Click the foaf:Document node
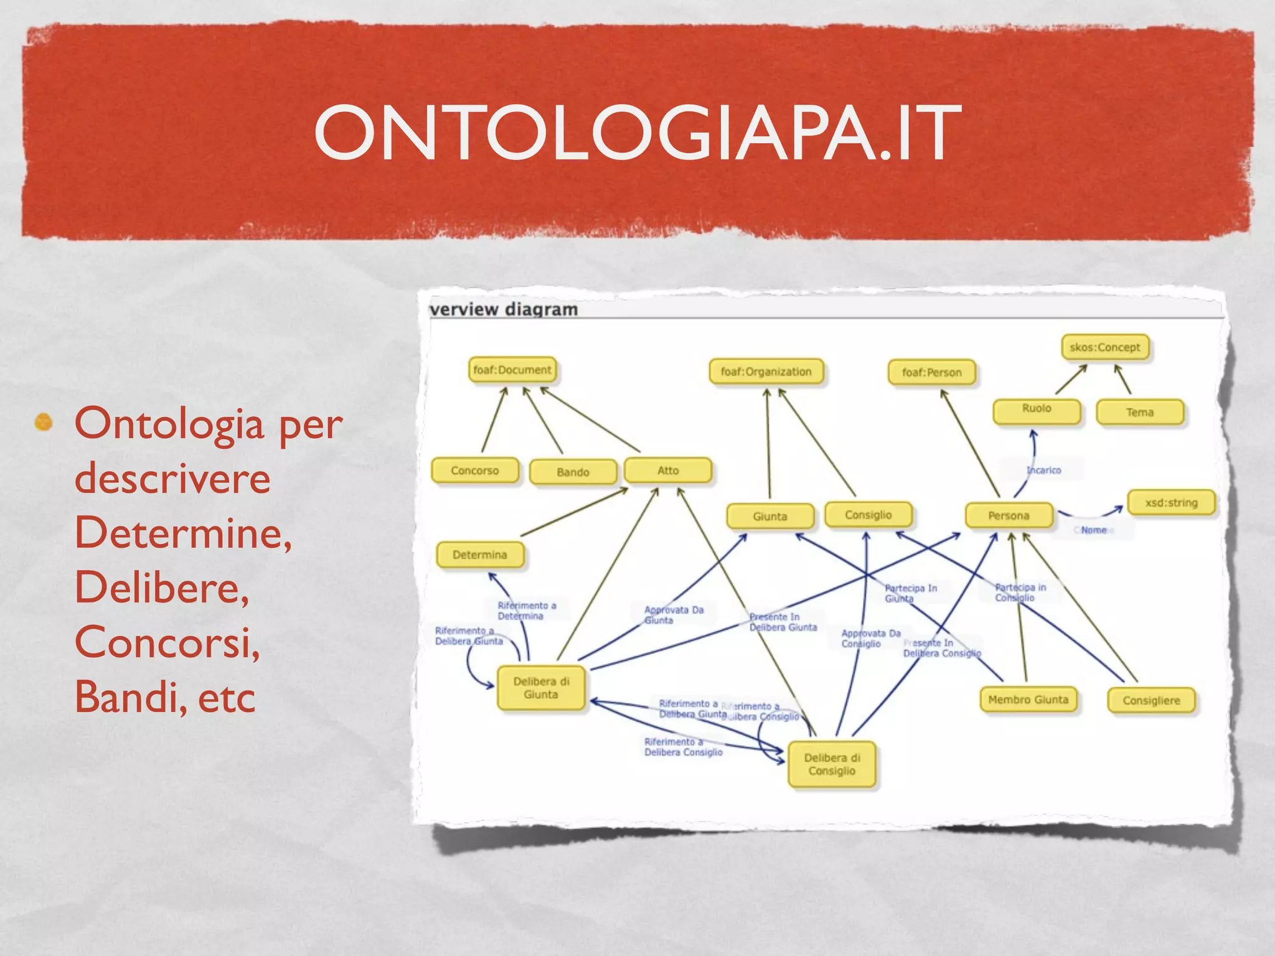pyautogui.click(x=512, y=370)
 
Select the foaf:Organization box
pyautogui.click(x=766, y=372)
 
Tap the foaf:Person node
pyautogui.click(x=931, y=373)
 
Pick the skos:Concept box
pyautogui.click(x=1104, y=347)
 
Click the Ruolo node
pyautogui.click(x=1037, y=411)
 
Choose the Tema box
pyautogui.click(x=1139, y=412)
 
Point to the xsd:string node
pyautogui.click(x=1171, y=502)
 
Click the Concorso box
pyautogui.click(x=475, y=471)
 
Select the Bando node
pyautogui.click(x=573, y=472)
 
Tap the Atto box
pyautogui.click(x=668, y=471)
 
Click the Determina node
pyautogui.click(x=480, y=555)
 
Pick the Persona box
pyautogui.click(x=1009, y=515)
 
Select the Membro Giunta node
pyautogui.click(x=1028, y=700)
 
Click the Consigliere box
pyautogui.click(x=1151, y=700)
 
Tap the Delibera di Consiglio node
pyautogui.click(x=832, y=764)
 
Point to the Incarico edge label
pyautogui.click(x=1044, y=470)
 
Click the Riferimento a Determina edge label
pyautogui.click(x=527, y=611)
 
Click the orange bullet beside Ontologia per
pyautogui.click(x=44, y=423)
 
